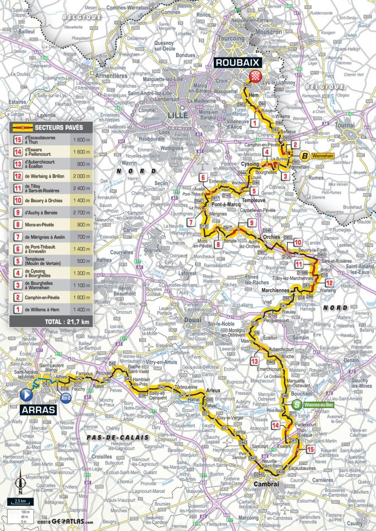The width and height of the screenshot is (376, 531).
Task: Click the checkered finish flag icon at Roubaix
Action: [x=249, y=76]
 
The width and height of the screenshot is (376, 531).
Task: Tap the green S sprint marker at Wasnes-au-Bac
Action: [x=297, y=405]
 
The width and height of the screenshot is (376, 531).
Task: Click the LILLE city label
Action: [x=177, y=115]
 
